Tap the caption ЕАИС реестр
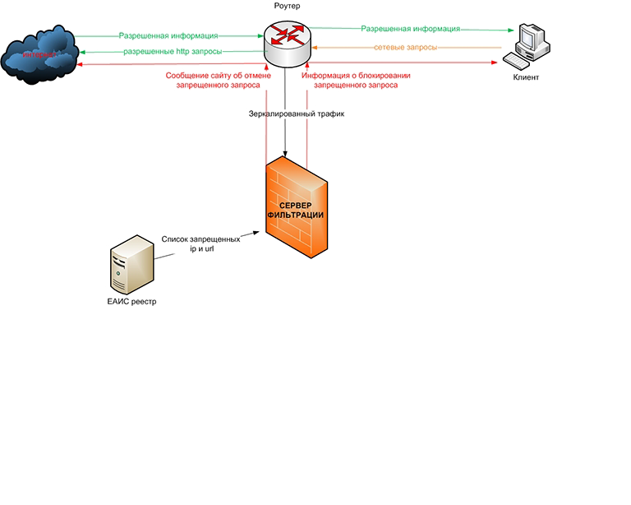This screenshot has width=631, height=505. click(131, 302)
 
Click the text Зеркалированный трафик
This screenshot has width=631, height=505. click(285, 114)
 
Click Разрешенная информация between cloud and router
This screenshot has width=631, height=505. click(168, 36)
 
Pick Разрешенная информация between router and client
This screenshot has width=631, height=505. click(410, 28)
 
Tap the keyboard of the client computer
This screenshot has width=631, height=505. click(519, 60)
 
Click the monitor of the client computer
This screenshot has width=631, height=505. click(530, 38)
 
